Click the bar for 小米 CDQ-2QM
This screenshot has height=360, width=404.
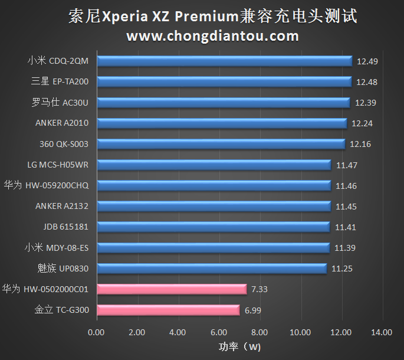224,61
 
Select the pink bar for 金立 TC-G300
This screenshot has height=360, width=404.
168,310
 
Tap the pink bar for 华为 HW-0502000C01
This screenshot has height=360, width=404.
172,289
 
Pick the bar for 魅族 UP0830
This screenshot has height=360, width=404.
211,269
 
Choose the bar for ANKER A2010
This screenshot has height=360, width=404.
222,123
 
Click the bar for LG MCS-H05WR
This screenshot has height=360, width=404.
214,165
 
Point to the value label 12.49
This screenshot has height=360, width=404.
366,61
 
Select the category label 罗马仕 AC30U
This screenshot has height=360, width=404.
60,103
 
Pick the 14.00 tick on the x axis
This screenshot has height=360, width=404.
382,332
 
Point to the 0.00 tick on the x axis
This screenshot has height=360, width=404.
96,332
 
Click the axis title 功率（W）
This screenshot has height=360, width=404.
239,346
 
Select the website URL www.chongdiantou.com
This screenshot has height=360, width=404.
212,37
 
